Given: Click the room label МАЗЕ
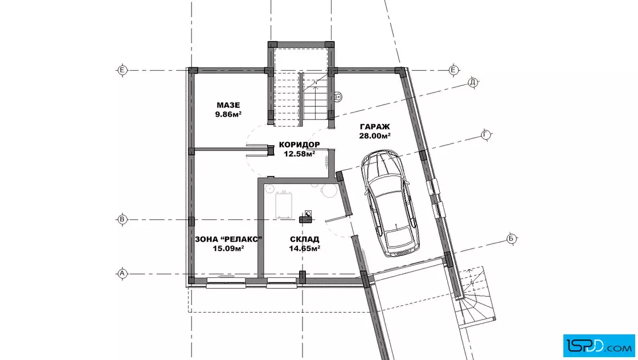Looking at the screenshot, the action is [228, 105].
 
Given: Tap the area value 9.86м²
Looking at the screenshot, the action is [228, 114].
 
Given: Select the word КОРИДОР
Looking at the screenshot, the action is [299, 145].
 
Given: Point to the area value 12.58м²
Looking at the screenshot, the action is [299, 154].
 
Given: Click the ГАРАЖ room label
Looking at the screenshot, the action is [375, 127].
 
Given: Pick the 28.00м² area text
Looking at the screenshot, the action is [375, 136].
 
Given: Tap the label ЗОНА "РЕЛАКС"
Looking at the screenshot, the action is [228, 239].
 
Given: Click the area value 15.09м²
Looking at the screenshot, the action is [228, 248].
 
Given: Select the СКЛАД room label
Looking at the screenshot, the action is [304, 239].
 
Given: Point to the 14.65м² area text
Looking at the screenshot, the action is [304, 248].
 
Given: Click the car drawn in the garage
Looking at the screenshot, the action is [390, 203].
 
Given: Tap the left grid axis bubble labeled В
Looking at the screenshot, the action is [122, 220].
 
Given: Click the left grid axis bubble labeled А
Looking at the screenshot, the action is [122, 274].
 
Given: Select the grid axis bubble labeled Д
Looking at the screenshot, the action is [472, 83].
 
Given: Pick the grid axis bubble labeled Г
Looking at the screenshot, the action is [485, 134].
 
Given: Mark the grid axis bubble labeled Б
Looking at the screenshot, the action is [511, 239].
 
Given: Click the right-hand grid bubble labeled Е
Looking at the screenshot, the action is [453, 71].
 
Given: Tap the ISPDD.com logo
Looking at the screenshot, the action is [599, 346].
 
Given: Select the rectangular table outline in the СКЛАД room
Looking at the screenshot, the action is [284, 206].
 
